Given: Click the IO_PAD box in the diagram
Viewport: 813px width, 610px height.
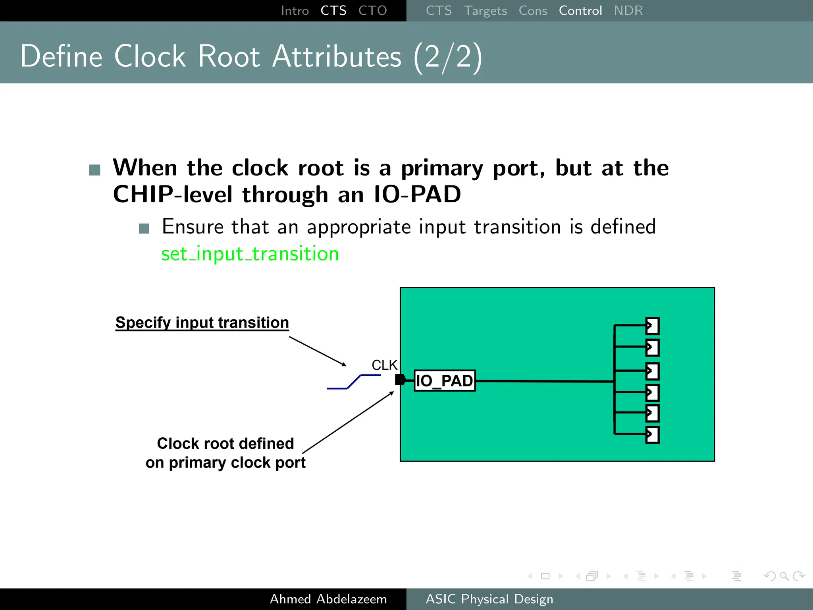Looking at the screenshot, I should [445, 381].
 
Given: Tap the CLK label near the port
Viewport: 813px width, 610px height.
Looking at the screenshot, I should [384, 365].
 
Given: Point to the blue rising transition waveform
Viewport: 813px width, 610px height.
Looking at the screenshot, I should [353, 382].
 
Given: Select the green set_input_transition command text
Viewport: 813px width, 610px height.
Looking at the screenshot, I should [250, 254].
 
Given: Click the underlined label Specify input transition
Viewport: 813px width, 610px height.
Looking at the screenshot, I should [202, 322].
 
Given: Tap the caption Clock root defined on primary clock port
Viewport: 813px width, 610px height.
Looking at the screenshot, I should [225, 453].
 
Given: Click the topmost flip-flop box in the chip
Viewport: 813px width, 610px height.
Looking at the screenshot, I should [652, 326].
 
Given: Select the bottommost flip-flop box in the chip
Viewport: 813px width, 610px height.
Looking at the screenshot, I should [652, 434].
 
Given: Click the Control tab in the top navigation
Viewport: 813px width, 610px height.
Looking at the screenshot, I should [580, 11].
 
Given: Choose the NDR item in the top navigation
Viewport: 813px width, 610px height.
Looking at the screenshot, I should [628, 11].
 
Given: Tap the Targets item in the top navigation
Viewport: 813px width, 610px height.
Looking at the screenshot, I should [485, 11].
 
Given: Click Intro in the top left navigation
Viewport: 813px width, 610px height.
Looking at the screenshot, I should [295, 11].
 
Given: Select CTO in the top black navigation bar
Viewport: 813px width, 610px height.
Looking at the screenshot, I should [372, 11].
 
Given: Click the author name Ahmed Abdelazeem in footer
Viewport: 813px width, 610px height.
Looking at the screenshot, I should [328, 599].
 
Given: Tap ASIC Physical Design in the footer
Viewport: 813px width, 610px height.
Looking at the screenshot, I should [489, 599].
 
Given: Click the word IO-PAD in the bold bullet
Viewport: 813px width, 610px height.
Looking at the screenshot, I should [417, 195].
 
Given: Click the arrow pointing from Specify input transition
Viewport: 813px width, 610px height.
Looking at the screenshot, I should [318, 351].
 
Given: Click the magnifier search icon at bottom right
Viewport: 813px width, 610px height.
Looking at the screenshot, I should [784, 576].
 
